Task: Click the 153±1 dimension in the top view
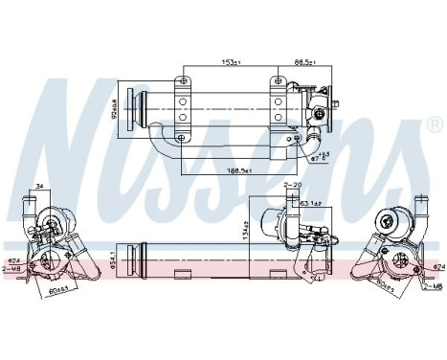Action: pos(231,64)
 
